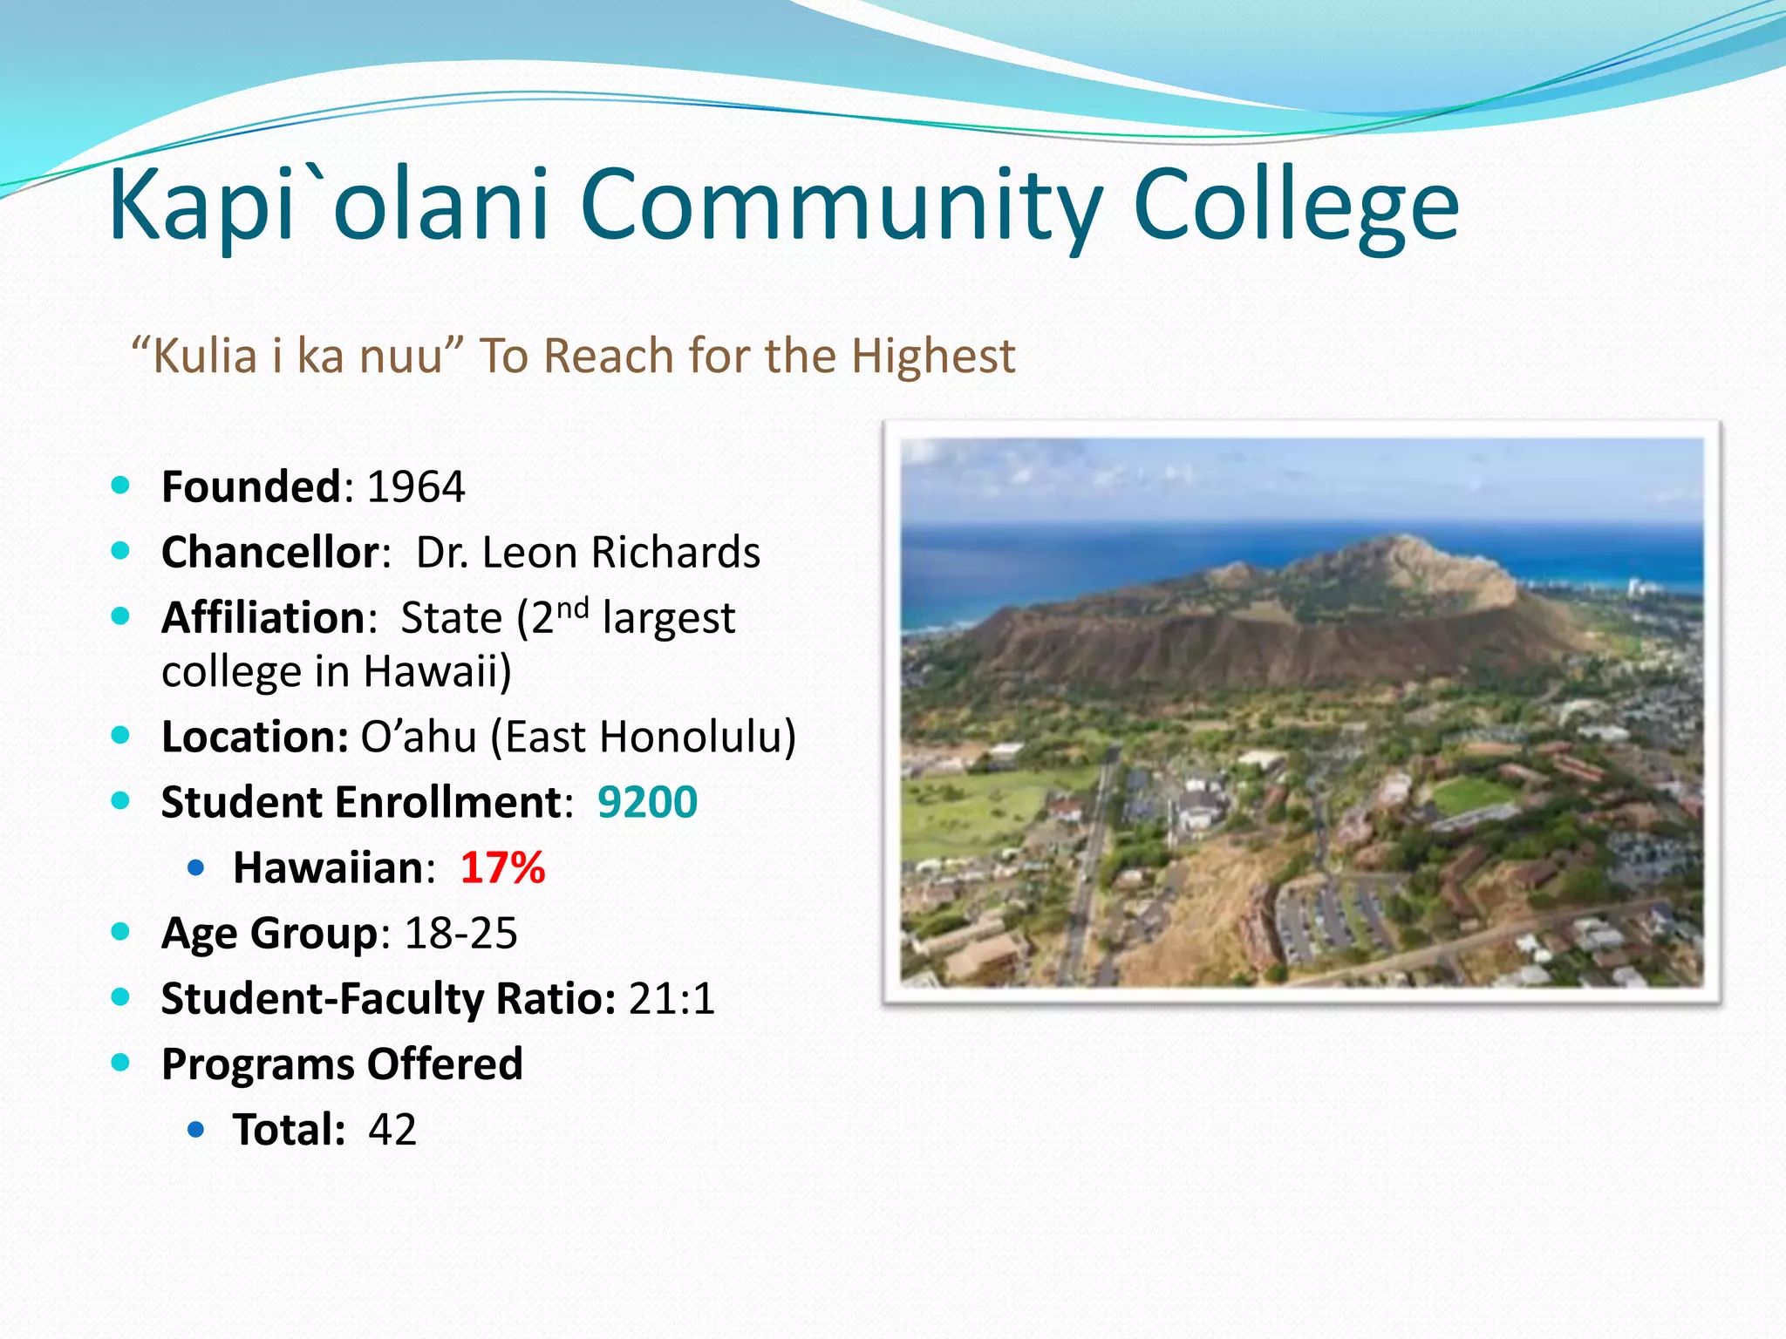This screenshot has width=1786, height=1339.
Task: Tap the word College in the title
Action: tap(1296, 207)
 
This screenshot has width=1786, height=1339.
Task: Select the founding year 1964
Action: tap(416, 486)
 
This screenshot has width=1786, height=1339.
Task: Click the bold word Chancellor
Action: tap(270, 553)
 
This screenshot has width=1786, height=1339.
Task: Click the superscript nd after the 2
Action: tap(572, 608)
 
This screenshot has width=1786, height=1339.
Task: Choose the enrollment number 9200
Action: tap(647, 802)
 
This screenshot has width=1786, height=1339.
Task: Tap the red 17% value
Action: tap(502, 868)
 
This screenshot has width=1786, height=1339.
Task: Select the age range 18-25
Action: tap(461, 934)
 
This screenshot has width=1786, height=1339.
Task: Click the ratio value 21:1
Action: tap(671, 999)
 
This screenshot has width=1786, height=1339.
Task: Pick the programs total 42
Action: tap(392, 1130)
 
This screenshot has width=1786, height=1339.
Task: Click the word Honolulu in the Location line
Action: tap(692, 737)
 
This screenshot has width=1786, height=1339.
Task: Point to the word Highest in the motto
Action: tap(933, 357)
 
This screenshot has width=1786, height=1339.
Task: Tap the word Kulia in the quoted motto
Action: tap(206, 357)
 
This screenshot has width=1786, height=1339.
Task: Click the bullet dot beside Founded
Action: tap(121, 486)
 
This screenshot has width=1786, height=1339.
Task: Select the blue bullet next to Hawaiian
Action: tap(196, 867)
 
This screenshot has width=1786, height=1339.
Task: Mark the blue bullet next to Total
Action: tap(196, 1130)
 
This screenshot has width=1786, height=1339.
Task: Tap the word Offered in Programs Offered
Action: tap(445, 1064)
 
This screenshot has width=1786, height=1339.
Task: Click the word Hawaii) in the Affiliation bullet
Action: tap(437, 672)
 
